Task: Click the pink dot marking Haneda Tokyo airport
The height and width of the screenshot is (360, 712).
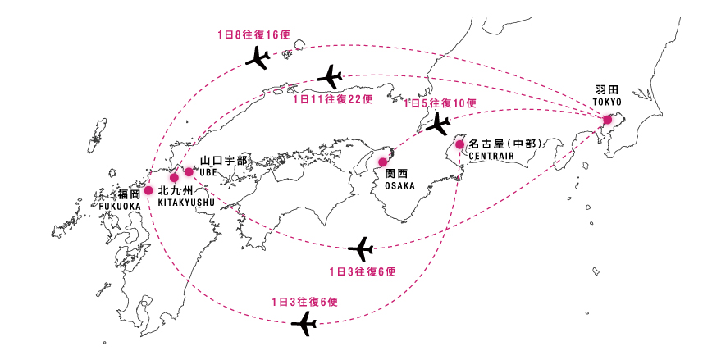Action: pyautogui.click(x=608, y=120)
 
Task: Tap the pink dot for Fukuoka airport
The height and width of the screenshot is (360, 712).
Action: pyautogui.click(x=148, y=190)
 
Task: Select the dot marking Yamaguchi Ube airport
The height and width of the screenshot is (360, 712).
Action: pyautogui.click(x=189, y=171)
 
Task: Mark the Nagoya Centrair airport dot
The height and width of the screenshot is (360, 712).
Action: pyautogui.click(x=460, y=145)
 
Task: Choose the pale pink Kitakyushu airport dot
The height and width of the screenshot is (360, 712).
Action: pyautogui.click(x=174, y=177)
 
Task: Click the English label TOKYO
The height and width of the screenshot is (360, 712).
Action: pyautogui.click(x=608, y=102)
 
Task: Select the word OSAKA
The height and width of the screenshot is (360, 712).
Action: pyautogui.click(x=399, y=186)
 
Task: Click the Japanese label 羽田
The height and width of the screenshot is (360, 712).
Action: pyautogui.click(x=608, y=89)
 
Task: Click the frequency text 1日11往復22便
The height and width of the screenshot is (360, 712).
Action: pyautogui.click(x=332, y=99)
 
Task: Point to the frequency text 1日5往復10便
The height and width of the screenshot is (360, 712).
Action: pyautogui.click(x=440, y=103)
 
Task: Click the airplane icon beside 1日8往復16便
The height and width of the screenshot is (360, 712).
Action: pyautogui.click(x=258, y=58)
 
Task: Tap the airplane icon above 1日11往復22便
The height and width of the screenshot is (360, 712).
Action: pyautogui.click(x=330, y=77)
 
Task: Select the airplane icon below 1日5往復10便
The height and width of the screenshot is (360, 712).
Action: pyautogui.click(x=436, y=124)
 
